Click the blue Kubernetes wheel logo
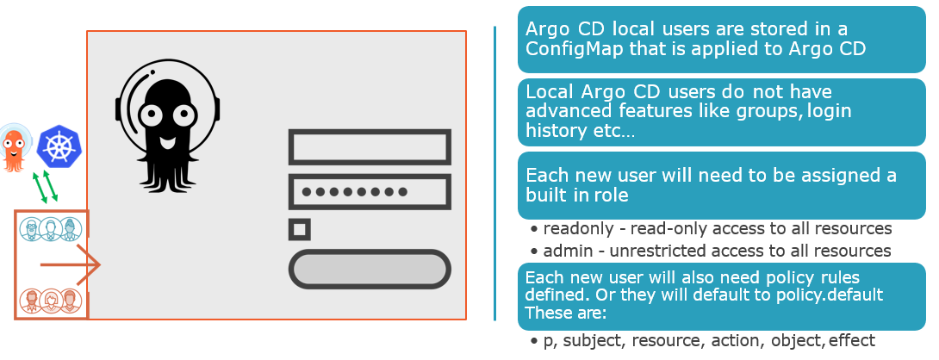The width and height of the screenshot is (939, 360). click(58, 146)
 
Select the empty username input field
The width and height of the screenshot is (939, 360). click(370, 146)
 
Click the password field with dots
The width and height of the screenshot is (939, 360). click(370, 192)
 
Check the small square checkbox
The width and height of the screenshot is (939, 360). click(300, 229)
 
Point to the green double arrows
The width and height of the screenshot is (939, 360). click(45, 187)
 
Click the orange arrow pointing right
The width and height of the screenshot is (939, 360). click(71, 264)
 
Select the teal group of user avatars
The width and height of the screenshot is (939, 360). click(50, 229)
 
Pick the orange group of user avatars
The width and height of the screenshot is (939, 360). click(50, 300)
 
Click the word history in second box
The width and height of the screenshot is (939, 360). click(552, 130)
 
